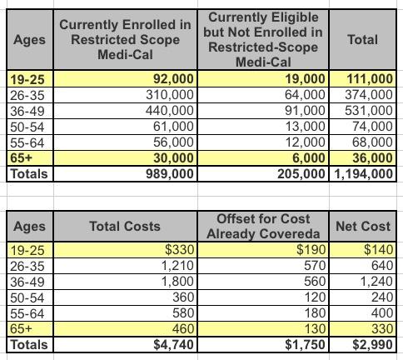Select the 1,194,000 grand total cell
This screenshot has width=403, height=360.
363,174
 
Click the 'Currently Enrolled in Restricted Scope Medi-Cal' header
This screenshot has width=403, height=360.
125,40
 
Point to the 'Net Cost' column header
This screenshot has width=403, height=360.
363,226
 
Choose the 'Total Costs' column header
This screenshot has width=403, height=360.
125,226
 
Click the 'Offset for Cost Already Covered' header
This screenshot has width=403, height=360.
263,226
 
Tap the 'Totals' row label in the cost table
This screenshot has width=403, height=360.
29,345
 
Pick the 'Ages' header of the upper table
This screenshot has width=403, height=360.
29,40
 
